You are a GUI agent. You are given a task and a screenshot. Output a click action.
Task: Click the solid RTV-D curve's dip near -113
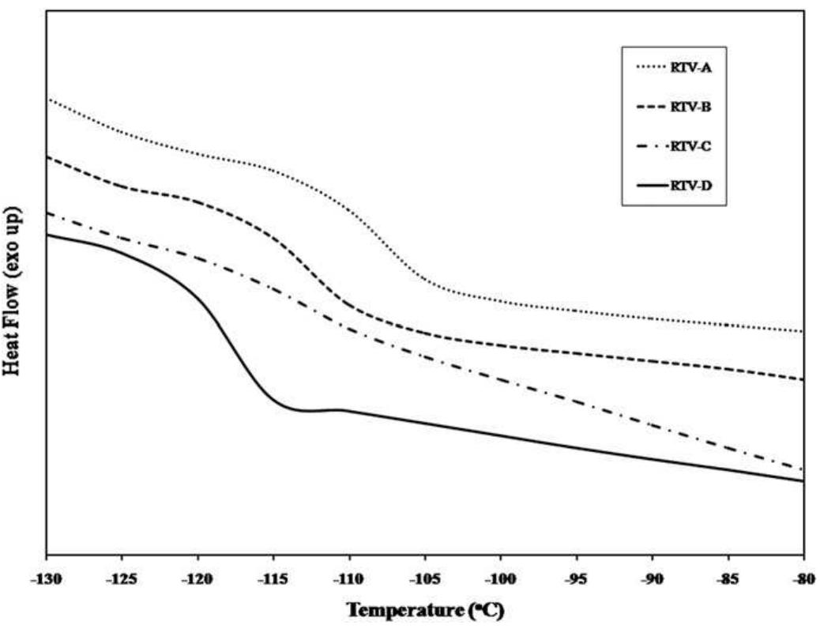tap(303, 410)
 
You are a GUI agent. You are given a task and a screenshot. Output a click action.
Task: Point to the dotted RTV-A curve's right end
tap(802, 331)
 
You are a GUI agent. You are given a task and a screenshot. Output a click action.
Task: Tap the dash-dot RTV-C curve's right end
tap(802, 469)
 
